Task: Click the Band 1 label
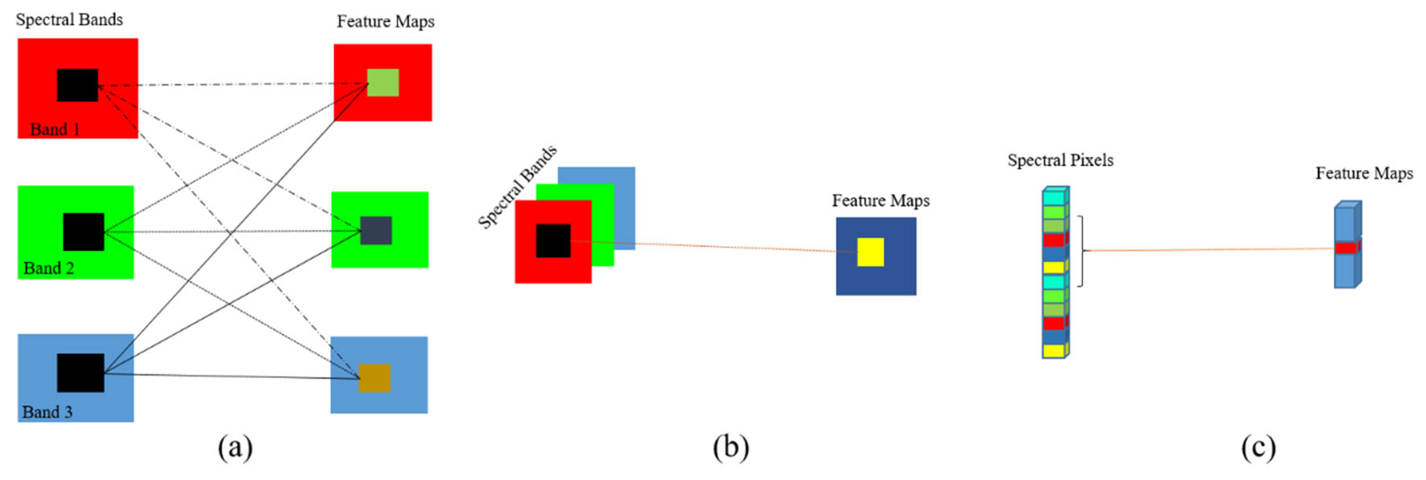pos(55,129)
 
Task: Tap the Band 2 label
pos(49,268)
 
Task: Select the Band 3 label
pos(47,412)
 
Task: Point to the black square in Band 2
pos(83,232)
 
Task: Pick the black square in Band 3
pos(80,372)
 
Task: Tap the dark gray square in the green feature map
pos(376,231)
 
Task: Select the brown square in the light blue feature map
pos(375,378)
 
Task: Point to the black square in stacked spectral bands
pos(553,241)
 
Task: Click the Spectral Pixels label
pos(1060,160)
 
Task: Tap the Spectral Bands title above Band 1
pos(69,20)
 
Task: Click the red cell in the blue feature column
pos(1346,248)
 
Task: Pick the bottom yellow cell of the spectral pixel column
pos(1054,350)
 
